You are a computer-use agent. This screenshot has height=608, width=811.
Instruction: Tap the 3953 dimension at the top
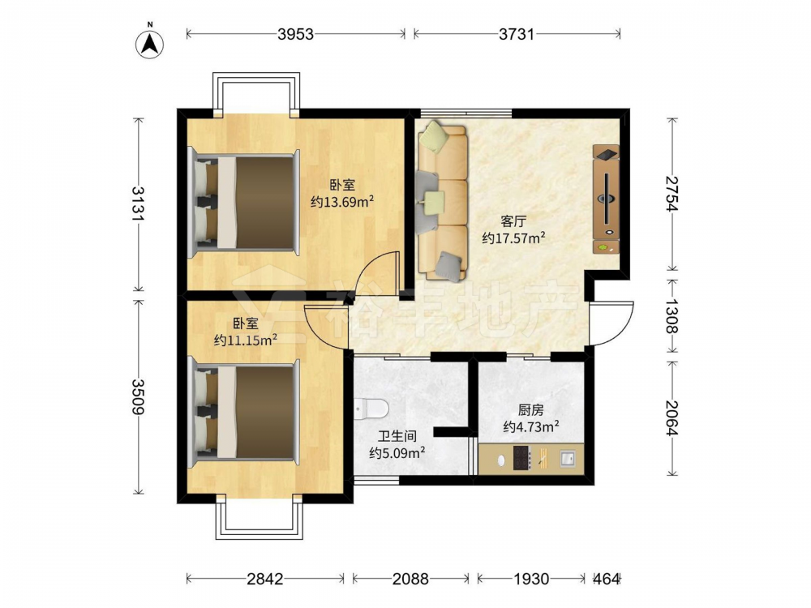pos(295,34)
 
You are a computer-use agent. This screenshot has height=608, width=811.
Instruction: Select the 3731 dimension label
pos(516,34)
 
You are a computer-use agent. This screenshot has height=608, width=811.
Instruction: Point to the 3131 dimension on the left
pos(139,203)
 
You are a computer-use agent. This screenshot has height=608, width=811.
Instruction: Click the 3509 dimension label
pos(139,396)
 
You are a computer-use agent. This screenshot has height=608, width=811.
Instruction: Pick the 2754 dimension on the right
pos(672,194)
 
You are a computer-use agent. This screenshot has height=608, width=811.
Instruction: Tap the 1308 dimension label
pos(672,316)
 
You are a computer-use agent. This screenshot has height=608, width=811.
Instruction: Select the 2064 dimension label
pos(672,417)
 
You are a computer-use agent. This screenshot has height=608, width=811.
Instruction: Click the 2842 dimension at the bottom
pos(265,579)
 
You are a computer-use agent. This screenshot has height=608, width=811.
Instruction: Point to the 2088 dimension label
pos(410,579)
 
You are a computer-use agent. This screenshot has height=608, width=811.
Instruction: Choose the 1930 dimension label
pos(531,579)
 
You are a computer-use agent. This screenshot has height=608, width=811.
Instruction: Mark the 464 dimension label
pos(606,579)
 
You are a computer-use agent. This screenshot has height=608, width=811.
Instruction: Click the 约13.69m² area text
pos(342,201)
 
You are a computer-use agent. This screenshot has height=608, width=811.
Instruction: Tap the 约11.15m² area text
pos(246,340)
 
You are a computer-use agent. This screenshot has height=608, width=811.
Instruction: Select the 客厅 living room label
pos(513,221)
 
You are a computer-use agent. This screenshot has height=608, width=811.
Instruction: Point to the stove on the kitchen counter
pos(521,458)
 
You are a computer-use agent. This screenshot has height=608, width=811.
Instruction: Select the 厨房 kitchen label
pos(530,410)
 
